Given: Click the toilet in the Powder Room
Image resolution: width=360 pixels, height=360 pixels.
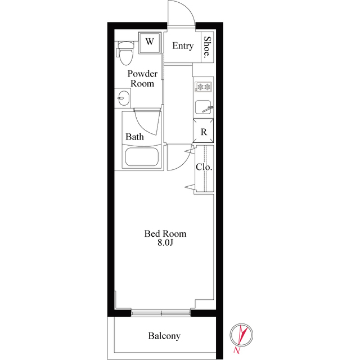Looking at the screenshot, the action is click(x=125, y=53).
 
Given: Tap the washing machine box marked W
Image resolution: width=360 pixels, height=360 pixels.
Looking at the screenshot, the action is click(x=150, y=43).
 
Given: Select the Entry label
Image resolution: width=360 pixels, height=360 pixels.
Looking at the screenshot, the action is click(x=183, y=46).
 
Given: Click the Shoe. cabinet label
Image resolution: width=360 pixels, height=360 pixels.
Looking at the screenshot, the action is click(x=208, y=46).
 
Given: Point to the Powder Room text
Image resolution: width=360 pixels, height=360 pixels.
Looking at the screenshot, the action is click(x=142, y=79).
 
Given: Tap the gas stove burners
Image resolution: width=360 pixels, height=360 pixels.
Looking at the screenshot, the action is click(x=204, y=87).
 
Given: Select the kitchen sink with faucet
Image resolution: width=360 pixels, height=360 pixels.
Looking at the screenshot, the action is click(x=204, y=107).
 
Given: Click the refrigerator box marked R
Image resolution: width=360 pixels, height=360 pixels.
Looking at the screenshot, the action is click(x=204, y=131).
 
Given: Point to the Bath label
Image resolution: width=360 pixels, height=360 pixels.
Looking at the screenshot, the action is click(x=134, y=137).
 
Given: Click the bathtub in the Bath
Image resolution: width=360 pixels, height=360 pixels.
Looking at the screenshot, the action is click(x=142, y=157).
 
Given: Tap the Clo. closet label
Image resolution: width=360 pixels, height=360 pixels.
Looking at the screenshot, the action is click(x=204, y=167).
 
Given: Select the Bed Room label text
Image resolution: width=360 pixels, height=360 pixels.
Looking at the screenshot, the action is click(x=165, y=234).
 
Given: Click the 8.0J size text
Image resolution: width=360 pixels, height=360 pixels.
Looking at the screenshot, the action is click(x=165, y=242).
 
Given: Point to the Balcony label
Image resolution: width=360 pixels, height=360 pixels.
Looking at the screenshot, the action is click(x=164, y=336).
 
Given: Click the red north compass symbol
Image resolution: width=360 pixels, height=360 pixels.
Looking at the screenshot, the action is click(x=241, y=335).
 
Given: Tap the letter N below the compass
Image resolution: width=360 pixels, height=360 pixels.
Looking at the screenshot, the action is click(x=236, y=350).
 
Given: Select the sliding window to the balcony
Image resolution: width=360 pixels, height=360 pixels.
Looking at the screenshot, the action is click(x=161, y=313).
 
